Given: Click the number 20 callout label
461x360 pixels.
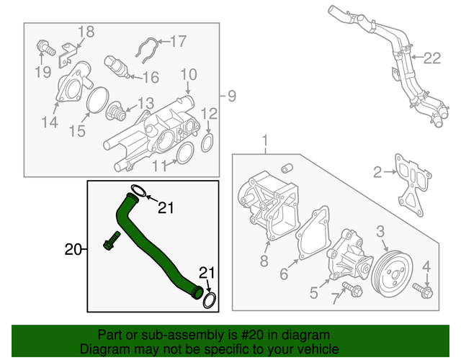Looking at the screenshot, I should click(x=72, y=250).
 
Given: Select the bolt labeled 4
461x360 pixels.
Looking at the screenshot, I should click(x=423, y=292).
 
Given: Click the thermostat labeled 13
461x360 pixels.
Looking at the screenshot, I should click(x=115, y=114).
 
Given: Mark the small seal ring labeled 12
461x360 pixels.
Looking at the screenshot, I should click(x=207, y=142).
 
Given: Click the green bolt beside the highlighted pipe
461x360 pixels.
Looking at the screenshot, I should click(x=112, y=243).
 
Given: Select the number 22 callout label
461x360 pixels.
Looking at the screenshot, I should click(x=431, y=58).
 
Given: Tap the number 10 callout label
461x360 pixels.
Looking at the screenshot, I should click(x=188, y=73).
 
